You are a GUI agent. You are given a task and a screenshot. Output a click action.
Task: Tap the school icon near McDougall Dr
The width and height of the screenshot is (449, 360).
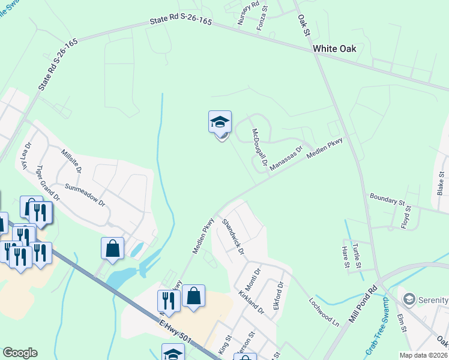(x=220, y=123)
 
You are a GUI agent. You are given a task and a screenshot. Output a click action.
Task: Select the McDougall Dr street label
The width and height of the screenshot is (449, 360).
(x=259, y=148)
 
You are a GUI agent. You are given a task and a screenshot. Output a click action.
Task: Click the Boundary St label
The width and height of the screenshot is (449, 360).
(x=388, y=199)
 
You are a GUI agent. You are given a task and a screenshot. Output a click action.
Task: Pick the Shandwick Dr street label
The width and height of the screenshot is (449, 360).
(x=233, y=236)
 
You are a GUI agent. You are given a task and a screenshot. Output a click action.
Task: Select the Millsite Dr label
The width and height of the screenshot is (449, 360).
(x=71, y=161)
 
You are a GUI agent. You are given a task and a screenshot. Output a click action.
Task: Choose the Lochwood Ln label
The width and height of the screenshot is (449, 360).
(x=324, y=312)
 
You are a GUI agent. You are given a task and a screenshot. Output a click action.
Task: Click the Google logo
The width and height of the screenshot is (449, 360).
(x=20, y=353)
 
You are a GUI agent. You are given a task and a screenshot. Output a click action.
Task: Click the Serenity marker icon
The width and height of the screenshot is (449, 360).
(x=409, y=298)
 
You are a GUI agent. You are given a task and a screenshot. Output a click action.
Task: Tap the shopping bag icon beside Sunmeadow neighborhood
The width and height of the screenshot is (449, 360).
(x=112, y=248)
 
